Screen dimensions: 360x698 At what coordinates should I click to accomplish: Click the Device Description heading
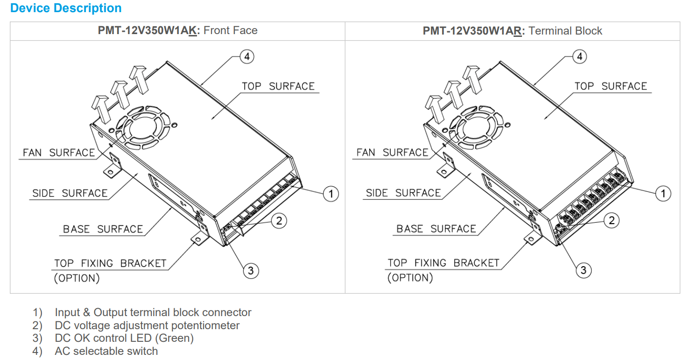coord(66,8)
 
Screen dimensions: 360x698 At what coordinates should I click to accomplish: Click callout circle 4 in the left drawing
coord(247,56)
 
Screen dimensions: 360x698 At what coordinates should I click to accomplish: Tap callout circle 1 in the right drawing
coord(663,193)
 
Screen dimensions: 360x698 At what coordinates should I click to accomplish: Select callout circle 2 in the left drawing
coord(279,220)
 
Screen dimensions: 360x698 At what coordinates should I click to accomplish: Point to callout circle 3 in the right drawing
coord(583,270)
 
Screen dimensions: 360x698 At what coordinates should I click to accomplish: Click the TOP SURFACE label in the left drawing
coord(278,86)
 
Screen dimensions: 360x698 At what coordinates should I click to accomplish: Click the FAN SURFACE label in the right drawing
coord(392,153)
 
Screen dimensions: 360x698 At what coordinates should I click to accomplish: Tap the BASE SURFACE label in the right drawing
coord(436,229)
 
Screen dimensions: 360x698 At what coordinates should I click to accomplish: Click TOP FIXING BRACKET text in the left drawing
coord(110,263)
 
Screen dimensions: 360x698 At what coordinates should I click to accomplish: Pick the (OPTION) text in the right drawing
coord(410,278)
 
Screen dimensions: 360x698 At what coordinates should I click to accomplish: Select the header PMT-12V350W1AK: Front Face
coord(177,31)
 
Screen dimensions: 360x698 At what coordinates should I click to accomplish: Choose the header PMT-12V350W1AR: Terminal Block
coord(512,31)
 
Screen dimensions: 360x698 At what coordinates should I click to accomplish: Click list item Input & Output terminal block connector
coord(153,312)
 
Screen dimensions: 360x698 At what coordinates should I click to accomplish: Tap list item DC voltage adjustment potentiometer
coord(147,325)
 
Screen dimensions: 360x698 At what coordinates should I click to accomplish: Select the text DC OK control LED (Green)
coord(124,338)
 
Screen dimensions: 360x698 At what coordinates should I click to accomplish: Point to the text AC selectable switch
coord(106,351)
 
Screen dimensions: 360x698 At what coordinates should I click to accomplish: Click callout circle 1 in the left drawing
coord(331,193)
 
